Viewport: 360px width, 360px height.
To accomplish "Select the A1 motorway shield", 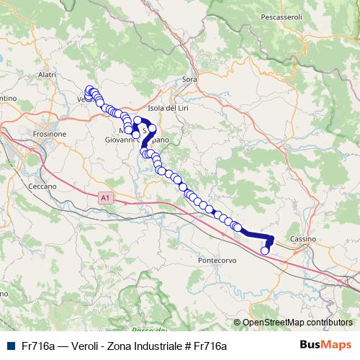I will [107, 196].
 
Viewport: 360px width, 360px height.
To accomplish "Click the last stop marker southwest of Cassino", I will [264, 251].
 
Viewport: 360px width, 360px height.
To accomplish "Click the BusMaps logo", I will [325, 345].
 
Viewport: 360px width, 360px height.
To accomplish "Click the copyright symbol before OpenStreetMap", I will [237, 323].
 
